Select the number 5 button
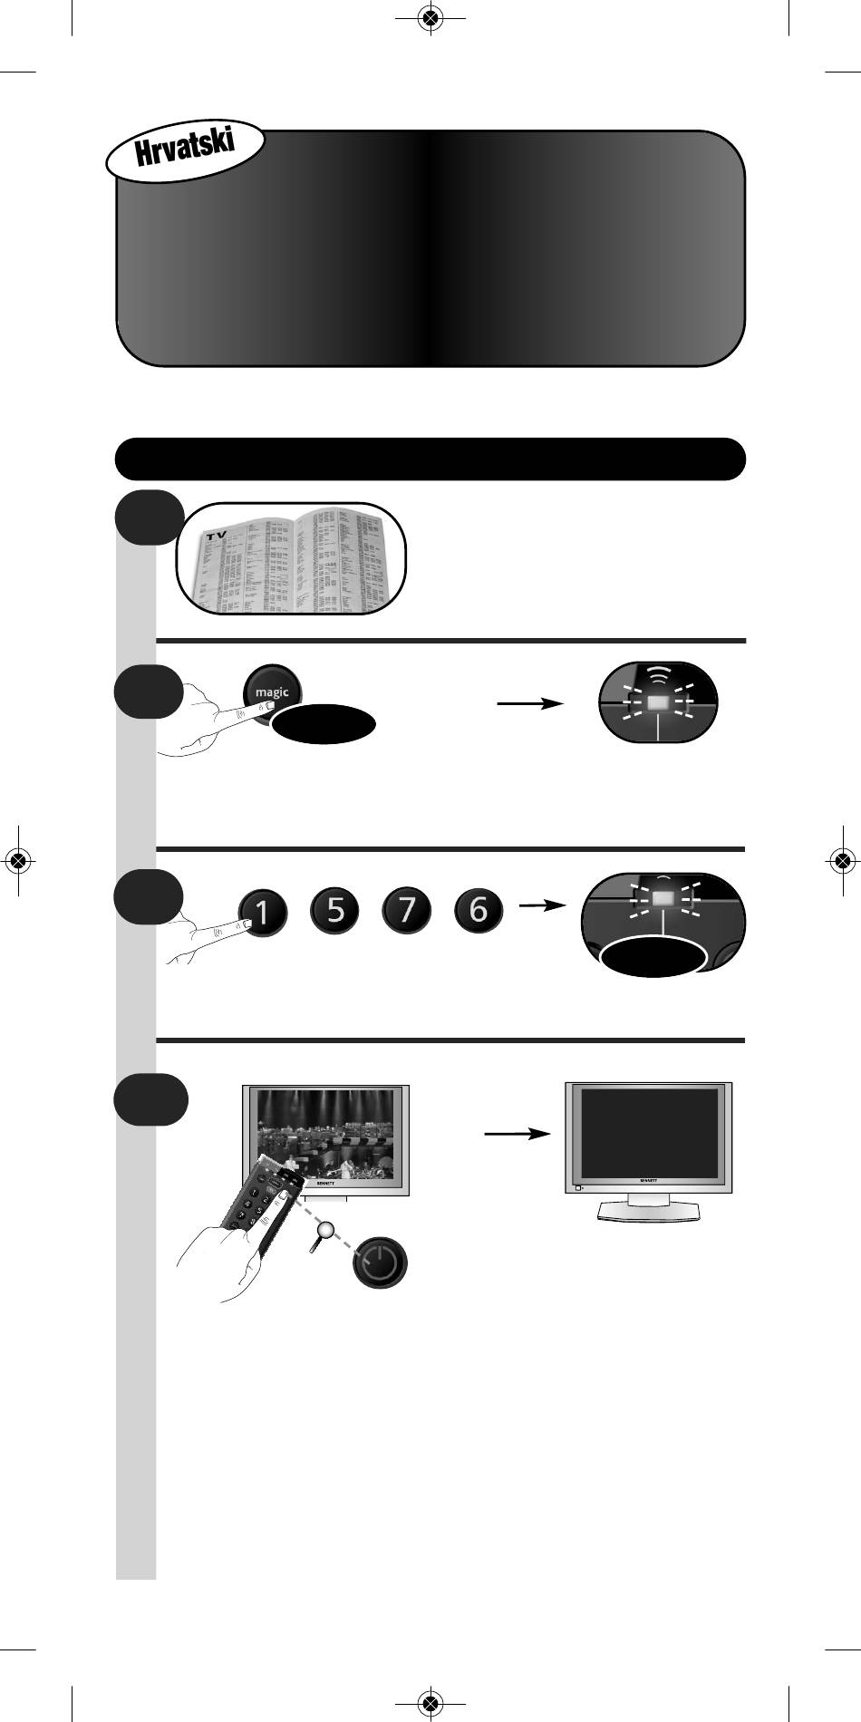(335, 910)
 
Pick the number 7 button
(408, 910)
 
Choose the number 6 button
(480, 910)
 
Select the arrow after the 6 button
(541, 905)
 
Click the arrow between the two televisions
(517, 1134)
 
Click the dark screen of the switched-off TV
(648, 1132)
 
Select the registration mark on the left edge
(17, 860)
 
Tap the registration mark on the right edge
(843, 860)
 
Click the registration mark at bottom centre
(430, 1703)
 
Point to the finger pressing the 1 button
(213, 934)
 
